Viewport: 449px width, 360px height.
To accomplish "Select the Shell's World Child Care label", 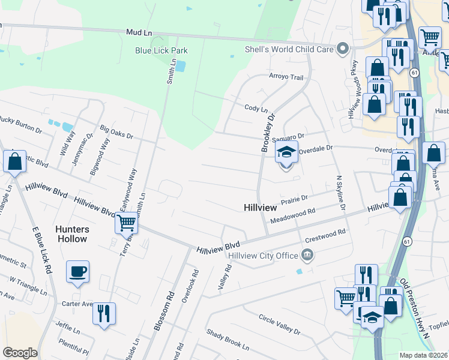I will (289, 49).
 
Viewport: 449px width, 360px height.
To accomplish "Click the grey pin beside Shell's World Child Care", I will (343, 49).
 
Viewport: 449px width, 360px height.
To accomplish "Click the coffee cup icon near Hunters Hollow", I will (77, 272).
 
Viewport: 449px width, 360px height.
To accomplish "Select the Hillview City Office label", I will (263, 256).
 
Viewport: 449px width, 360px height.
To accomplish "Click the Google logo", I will (20, 352).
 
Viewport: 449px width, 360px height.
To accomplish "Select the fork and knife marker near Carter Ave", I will (104, 314).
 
